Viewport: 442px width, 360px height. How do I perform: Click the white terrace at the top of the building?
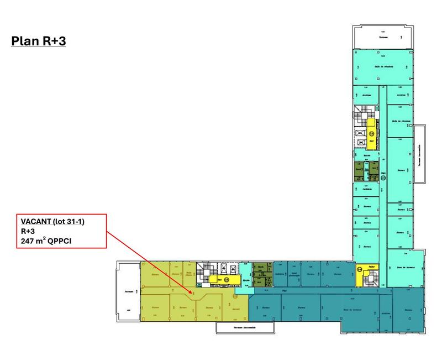[x=383, y=38]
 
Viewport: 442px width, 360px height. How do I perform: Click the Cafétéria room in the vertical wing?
[x=367, y=189]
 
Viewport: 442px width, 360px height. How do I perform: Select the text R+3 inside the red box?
[x=28, y=231]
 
